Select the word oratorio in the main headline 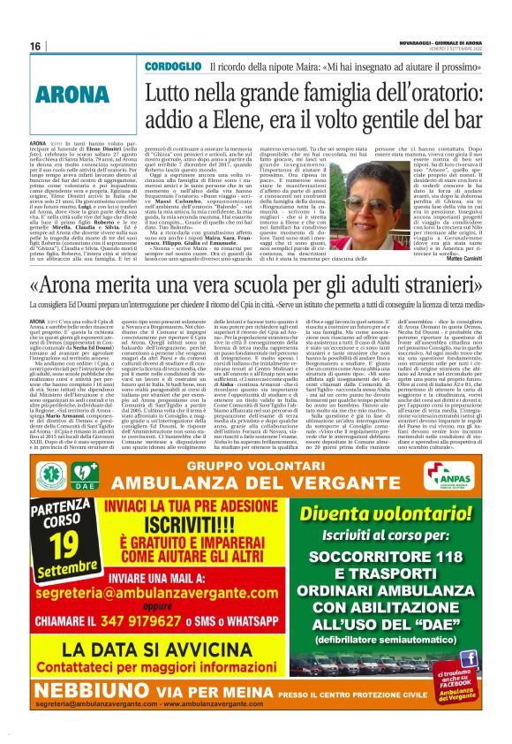point(405,92)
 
